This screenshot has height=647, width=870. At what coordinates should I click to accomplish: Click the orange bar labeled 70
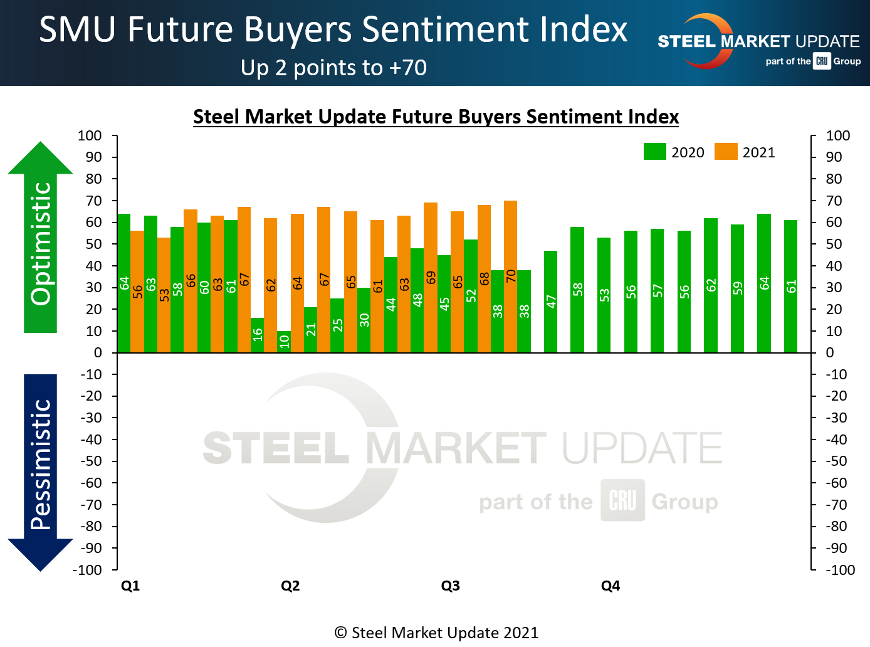click(x=510, y=276)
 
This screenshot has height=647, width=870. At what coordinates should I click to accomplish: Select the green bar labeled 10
click(x=284, y=342)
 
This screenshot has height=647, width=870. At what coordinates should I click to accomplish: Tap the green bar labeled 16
click(x=257, y=335)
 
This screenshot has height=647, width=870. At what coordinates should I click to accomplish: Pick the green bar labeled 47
click(x=550, y=302)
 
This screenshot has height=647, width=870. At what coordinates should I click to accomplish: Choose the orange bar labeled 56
click(x=137, y=292)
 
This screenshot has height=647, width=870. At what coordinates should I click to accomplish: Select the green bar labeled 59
click(x=737, y=288)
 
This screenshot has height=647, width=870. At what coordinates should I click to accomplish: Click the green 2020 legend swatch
click(x=654, y=152)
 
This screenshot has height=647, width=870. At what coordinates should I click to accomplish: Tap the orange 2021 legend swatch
click(x=726, y=152)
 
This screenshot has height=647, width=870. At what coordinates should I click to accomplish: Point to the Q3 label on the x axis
click(x=450, y=586)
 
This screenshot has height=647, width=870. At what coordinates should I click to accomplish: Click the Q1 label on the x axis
click(x=130, y=586)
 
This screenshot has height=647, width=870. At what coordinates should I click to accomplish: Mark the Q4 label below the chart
click(x=611, y=586)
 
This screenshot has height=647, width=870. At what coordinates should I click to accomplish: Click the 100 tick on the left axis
click(x=90, y=135)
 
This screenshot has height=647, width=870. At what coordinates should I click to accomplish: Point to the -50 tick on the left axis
click(x=91, y=461)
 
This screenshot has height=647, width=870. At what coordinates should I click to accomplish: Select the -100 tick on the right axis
click(x=840, y=570)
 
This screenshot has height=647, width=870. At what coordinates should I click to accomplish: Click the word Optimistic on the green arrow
click(x=41, y=243)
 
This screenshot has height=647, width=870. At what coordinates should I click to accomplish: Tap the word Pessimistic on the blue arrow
click(x=41, y=465)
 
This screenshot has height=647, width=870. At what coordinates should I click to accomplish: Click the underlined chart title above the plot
click(x=436, y=117)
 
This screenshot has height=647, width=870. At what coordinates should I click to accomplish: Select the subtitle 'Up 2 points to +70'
click(x=333, y=68)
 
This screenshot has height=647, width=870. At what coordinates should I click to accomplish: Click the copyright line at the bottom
click(x=436, y=633)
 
